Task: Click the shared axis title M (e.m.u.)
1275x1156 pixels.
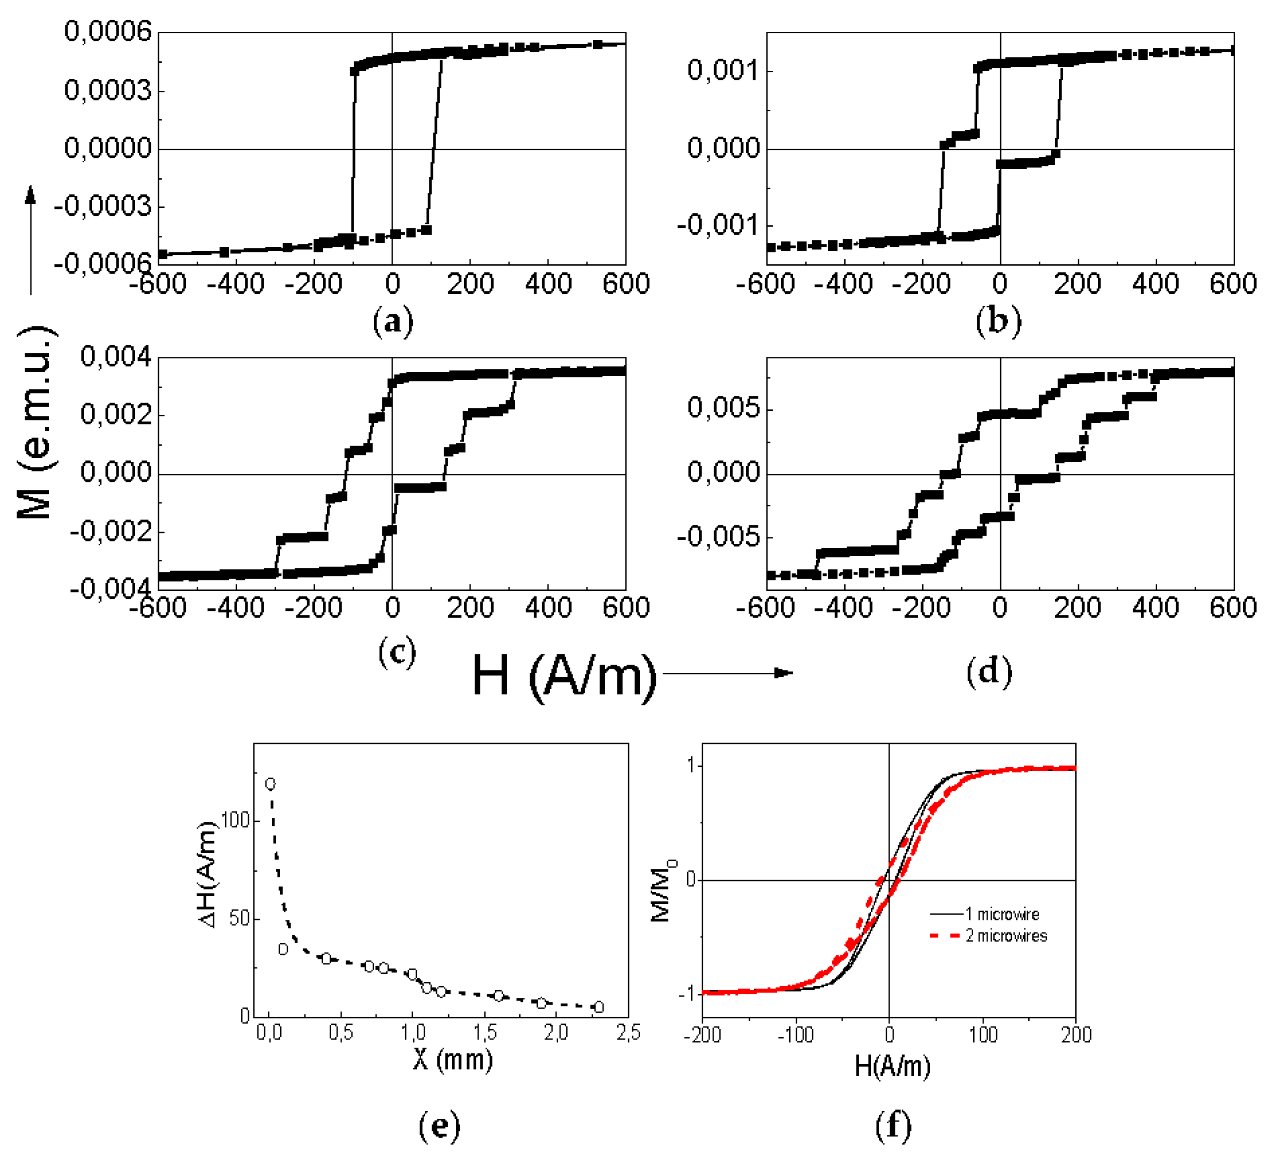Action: [35, 423]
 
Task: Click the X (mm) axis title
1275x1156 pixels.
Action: [453, 1058]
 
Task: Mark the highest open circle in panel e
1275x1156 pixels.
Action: [270, 784]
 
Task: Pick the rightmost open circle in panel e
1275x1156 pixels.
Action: [598, 1007]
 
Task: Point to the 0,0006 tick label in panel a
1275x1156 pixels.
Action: [108, 32]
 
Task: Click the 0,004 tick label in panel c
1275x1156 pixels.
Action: [116, 357]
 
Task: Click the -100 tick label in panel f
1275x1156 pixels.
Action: [795, 1035]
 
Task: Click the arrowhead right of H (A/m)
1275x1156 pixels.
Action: [784, 673]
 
